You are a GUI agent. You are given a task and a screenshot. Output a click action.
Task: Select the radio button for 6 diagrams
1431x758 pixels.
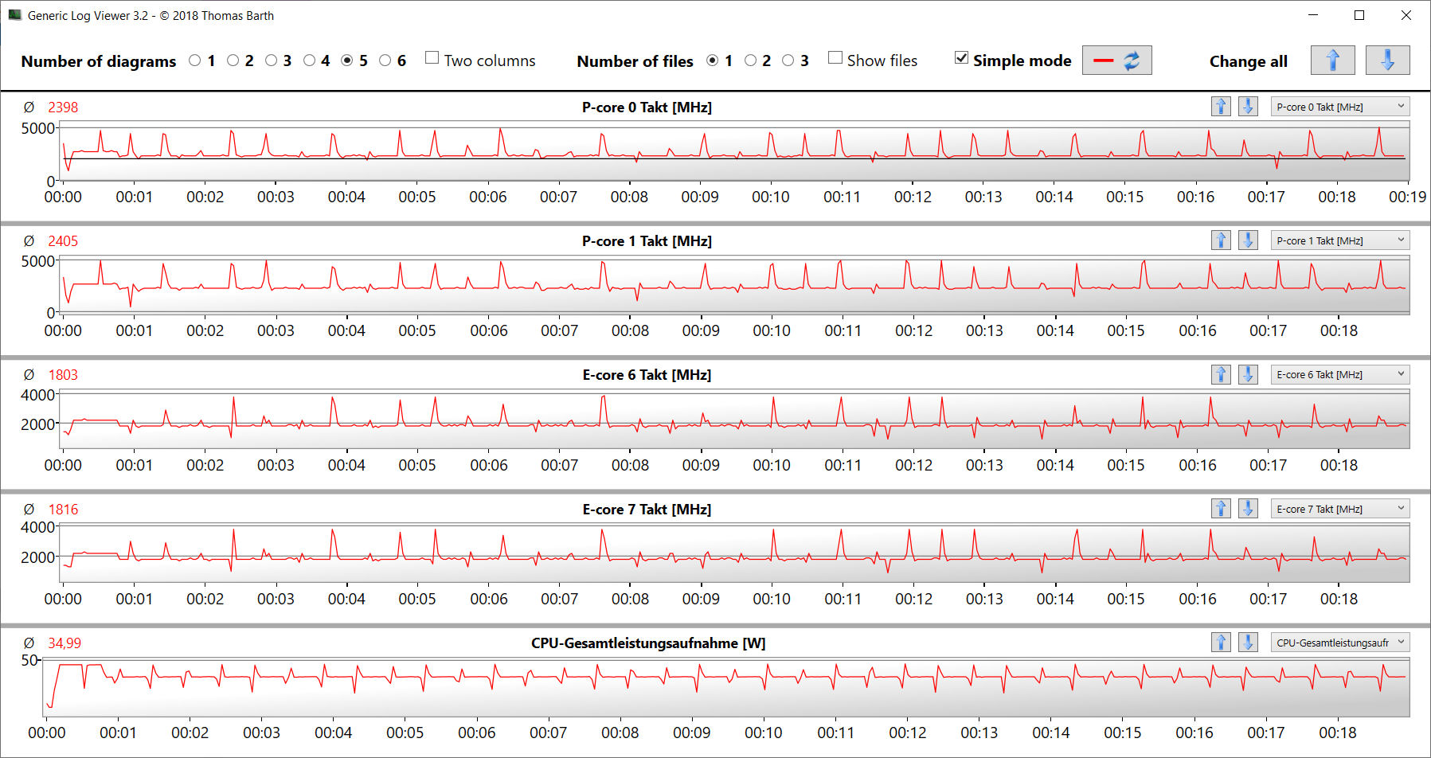[385, 61]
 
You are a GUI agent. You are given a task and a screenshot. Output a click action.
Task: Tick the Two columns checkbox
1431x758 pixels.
[432, 57]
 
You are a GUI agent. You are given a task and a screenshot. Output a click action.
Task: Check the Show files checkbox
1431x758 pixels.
[835, 57]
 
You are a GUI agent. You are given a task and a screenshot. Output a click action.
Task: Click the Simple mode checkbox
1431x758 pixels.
[962, 57]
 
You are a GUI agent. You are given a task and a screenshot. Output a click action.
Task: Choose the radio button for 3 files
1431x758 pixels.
[788, 61]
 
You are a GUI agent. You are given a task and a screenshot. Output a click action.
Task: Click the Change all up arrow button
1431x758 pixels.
[1332, 61]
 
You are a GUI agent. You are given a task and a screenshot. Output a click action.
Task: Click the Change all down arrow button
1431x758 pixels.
[1387, 61]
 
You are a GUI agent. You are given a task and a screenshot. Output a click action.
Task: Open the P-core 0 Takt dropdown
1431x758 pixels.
[1340, 107]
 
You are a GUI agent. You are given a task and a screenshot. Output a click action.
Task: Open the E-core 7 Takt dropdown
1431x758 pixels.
[1340, 509]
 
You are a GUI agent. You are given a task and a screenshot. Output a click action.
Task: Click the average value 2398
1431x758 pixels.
[63, 107]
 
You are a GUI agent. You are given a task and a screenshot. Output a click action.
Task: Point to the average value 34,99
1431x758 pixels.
[65, 643]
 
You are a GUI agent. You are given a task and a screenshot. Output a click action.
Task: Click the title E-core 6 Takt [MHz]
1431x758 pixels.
[647, 375]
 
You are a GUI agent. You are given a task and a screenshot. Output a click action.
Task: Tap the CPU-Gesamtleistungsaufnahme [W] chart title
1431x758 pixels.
[648, 643]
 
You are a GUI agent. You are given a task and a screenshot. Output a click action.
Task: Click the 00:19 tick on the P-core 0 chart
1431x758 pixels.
[1407, 197]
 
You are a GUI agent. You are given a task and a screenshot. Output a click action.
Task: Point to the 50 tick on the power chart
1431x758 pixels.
[29, 660]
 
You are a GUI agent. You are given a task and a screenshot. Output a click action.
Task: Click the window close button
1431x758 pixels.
[1406, 15]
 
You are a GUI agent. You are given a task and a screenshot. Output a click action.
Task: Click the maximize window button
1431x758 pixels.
[1359, 15]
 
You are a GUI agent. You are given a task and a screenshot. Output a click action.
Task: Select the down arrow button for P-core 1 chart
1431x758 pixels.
[1248, 240]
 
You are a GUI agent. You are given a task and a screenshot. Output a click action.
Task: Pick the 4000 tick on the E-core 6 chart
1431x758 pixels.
[37, 395]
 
